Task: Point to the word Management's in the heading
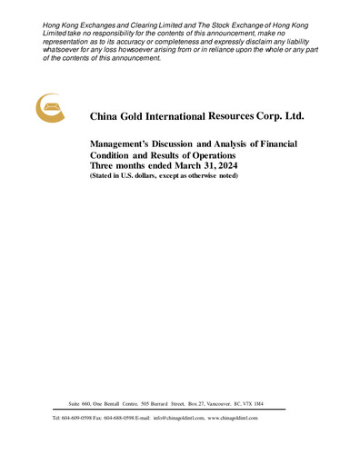pos(125,143)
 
